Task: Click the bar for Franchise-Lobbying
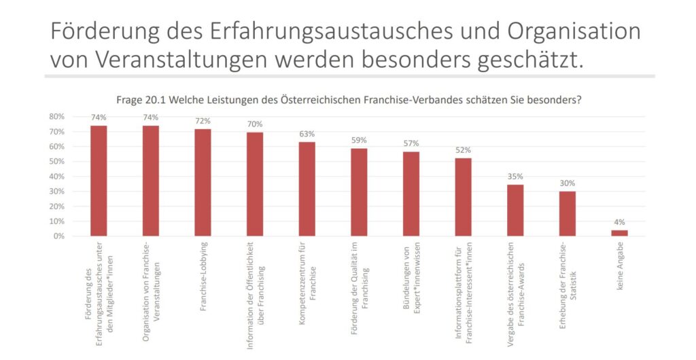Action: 203,183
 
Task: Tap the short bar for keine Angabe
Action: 619,233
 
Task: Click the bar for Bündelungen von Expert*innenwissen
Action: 411,194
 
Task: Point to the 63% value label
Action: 307,134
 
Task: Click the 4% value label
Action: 619,222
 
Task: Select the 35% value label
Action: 515,177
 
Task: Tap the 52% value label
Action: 464,150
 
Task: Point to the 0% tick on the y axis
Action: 58,236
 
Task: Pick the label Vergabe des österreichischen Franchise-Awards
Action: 516,292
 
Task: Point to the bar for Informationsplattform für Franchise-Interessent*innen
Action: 464,197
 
